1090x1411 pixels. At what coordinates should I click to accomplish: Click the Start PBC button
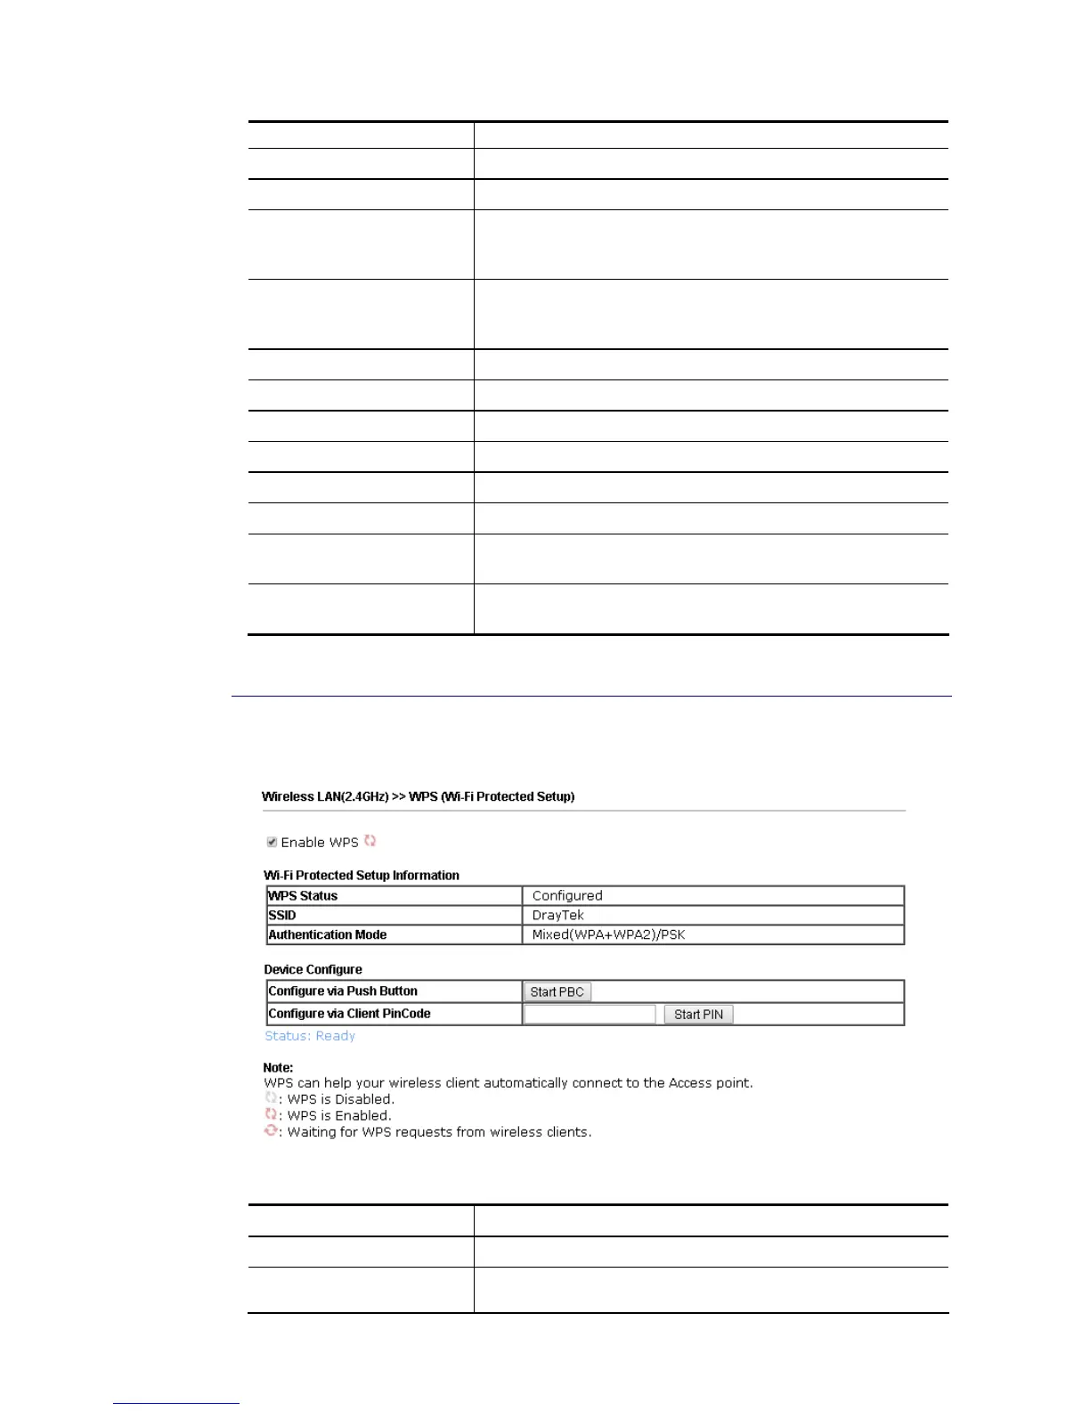(x=557, y=991)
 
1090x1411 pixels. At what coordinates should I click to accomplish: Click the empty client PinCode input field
(x=590, y=1014)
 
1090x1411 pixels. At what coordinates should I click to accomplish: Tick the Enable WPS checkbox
(x=272, y=842)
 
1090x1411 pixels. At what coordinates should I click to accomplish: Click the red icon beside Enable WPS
(x=370, y=841)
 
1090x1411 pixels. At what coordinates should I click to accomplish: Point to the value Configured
(x=567, y=895)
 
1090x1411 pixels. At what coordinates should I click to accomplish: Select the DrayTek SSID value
(x=558, y=915)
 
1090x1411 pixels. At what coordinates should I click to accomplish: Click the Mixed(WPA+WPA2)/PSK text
(x=608, y=934)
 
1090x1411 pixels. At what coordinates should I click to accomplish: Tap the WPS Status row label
(x=303, y=895)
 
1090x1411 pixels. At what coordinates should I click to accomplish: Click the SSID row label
(x=282, y=915)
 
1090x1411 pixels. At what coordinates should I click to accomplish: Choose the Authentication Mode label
(x=328, y=934)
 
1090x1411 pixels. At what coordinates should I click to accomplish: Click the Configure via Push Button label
(x=343, y=991)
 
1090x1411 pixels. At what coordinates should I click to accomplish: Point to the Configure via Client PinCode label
(x=349, y=1014)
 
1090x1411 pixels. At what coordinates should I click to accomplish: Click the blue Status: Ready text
(x=310, y=1036)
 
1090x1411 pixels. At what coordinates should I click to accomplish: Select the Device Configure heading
(x=313, y=969)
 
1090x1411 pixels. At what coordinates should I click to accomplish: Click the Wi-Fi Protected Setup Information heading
(x=362, y=876)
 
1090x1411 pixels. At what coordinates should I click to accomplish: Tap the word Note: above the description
(x=278, y=1067)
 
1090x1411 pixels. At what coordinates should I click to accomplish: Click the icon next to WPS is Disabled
(x=271, y=1098)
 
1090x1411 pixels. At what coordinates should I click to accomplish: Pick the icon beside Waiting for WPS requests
(x=271, y=1131)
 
